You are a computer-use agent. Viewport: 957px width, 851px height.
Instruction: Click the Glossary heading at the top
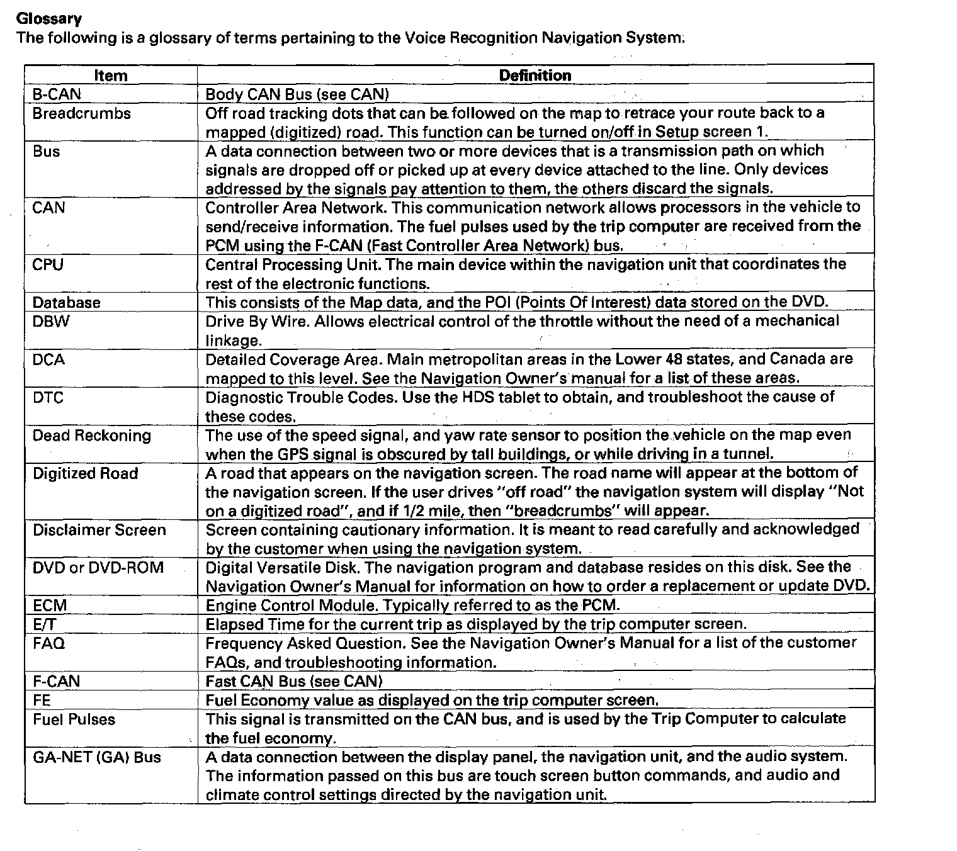pos(49,18)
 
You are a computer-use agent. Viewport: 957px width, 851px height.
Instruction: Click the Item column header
pos(110,76)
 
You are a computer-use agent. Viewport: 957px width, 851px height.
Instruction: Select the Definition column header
pos(535,76)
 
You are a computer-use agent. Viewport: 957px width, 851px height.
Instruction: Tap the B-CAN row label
pos(57,94)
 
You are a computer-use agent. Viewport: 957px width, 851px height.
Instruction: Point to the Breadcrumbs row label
pos(82,113)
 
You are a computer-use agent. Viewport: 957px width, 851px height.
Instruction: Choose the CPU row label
pos(48,264)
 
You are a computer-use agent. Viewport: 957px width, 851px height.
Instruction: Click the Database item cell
pos(67,302)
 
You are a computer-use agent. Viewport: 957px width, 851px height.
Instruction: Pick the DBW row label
pos(51,321)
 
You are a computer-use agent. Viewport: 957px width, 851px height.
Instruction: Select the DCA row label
pos(48,359)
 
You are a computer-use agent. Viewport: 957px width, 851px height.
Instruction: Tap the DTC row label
pos(48,397)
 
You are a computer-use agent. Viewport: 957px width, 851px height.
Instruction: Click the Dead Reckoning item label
pos(92,436)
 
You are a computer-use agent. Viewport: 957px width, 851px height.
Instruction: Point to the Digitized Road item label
pos(85,473)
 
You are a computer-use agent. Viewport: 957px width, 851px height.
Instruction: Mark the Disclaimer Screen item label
pos(99,530)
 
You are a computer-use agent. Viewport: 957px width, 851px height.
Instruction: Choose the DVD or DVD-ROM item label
pos(98,568)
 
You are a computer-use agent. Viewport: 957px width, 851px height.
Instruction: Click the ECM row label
pos(50,606)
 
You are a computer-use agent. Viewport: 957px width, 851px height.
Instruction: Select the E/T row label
pos(45,624)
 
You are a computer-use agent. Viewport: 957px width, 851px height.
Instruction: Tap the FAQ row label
pos(49,643)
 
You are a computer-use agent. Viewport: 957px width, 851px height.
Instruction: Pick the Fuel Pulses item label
pos(74,719)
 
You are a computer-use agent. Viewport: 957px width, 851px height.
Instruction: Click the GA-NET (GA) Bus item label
pos(97,757)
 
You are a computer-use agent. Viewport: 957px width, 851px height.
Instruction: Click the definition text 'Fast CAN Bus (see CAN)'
pos(294,681)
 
